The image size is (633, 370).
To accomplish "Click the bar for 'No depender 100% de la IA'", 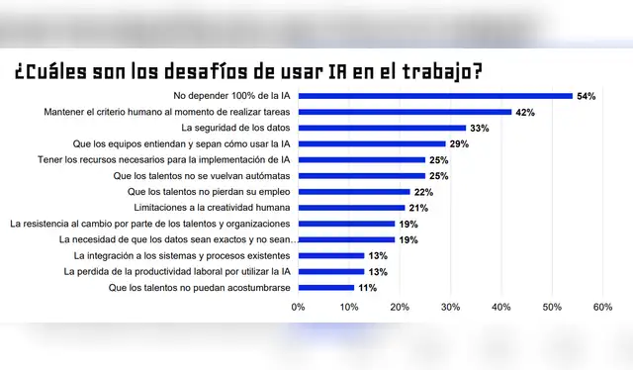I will click(435, 96).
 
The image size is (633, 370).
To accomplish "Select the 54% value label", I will click(587, 96).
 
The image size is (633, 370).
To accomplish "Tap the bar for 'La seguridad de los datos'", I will click(382, 128).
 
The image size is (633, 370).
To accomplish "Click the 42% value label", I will click(525, 112).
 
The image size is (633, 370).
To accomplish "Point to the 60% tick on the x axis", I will click(601, 308).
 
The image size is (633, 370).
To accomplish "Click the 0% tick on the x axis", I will click(299, 308).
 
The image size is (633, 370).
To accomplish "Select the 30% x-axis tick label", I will click(450, 308).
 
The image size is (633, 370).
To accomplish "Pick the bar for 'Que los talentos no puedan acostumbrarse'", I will click(326, 287).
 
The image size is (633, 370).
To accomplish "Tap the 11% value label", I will click(368, 288).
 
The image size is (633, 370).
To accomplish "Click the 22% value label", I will click(423, 192).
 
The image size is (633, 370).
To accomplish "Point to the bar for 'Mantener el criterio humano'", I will click(405, 112).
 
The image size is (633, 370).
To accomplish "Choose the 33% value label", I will click(480, 128).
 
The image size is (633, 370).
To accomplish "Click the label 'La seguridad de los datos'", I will click(237, 128).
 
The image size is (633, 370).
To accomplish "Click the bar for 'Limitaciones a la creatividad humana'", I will click(351, 208).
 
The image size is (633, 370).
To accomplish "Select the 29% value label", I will click(459, 144).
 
